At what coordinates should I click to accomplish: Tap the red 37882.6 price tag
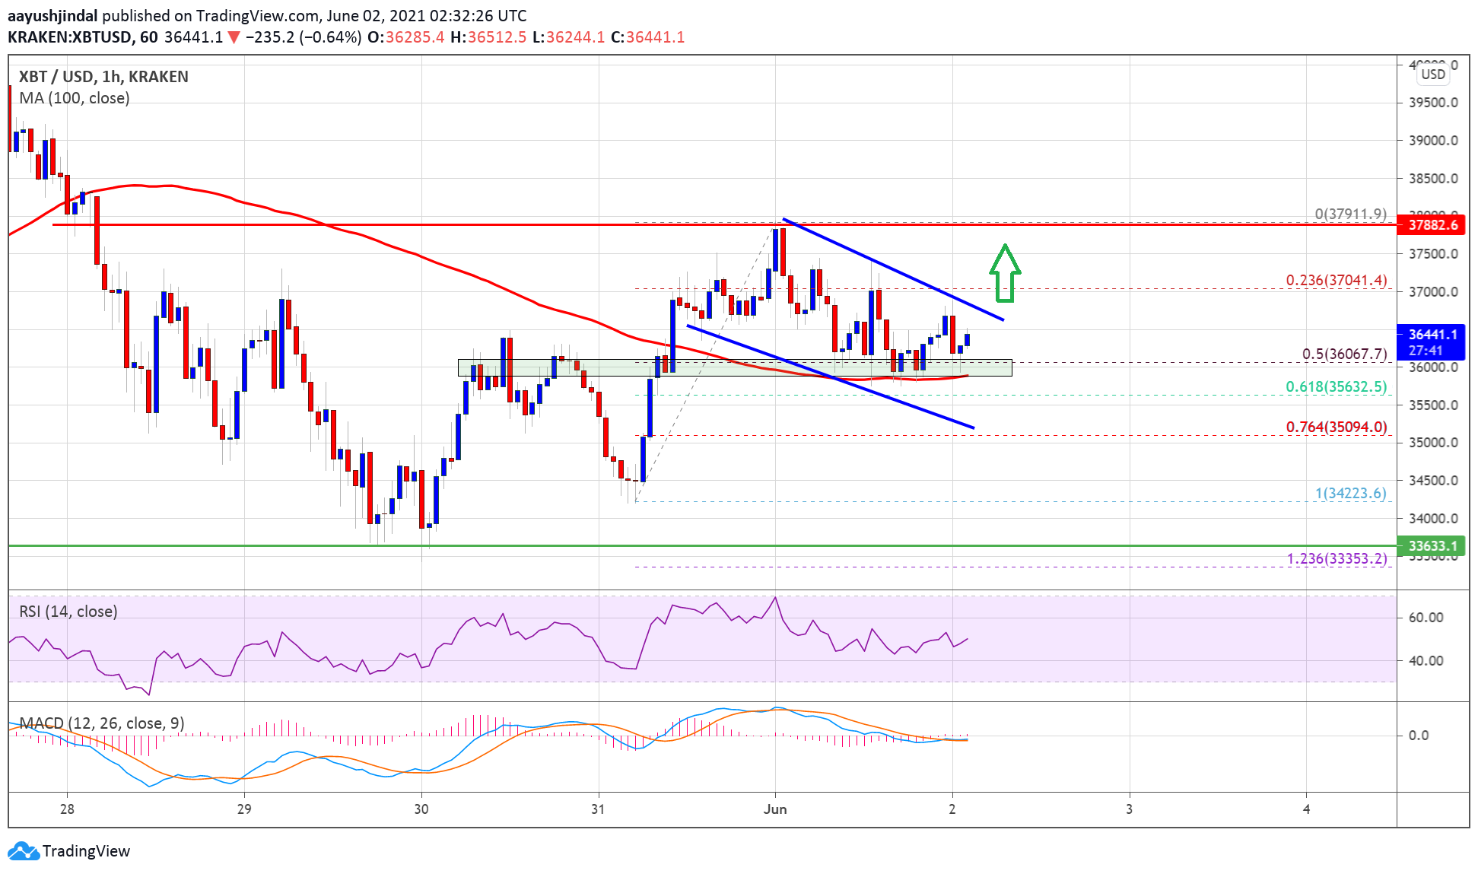click(x=1432, y=225)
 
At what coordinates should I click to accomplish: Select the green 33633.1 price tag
click(x=1432, y=545)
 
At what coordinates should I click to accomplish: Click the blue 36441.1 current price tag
click(x=1432, y=342)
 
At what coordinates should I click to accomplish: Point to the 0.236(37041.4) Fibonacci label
click(x=1336, y=280)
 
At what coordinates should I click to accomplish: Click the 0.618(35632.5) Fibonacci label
click(x=1336, y=386)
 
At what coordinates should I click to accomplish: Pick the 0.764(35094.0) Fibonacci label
click(x=1336, y=427)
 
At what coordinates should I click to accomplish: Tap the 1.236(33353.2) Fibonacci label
click(x=1337, y=558)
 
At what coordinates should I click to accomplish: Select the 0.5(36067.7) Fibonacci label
click(x=1344, y=354)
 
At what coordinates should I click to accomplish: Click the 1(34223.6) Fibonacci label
click(x=1350, y=493)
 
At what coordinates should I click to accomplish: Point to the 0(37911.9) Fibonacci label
click(x=1350, y=214)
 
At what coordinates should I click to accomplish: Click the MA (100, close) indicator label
click(x=75, y=98)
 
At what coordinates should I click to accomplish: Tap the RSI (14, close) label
click(x=68, y=612)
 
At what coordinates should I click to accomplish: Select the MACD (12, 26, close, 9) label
click(x=102, y=723)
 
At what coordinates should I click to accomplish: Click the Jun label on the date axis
click(x=774, y=809)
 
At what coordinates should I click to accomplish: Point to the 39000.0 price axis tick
click(x=1433, y=141)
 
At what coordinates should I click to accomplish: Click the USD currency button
click(x=1433, y=74)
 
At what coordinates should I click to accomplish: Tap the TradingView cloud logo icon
click(x=23, y=850)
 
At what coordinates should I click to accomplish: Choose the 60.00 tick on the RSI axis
click(x=1426, y=618)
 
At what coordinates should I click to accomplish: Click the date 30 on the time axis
click(x=421, y=809)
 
